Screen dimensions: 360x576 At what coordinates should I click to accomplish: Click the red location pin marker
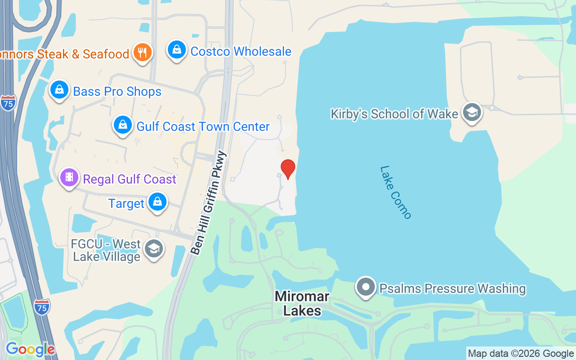(x=288, y=169)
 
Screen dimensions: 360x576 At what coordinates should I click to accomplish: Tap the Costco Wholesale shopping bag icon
(x=177, y=50)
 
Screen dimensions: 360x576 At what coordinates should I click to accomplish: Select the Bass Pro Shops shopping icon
(x=59, y=90)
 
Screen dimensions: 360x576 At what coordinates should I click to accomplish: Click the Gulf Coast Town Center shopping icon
(x=122, y=125)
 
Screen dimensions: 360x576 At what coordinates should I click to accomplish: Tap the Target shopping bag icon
(x=157, y=202)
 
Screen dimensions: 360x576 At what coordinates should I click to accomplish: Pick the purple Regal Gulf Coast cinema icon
(x=69, y=177)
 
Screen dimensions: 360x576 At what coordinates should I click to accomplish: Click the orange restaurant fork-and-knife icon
(x=143, y=53)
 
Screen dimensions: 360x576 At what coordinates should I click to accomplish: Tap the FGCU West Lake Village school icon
(x=154, y=248)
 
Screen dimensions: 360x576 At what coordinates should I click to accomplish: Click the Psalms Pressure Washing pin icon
(x=365, y=287)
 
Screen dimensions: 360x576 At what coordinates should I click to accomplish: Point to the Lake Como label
(x=396, y=192)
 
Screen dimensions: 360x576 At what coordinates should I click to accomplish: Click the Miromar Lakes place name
(x=302, y=303)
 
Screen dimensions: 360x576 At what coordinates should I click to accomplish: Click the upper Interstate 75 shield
(x=8, y=103)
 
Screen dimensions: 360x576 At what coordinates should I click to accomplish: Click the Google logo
(x=30, y=349)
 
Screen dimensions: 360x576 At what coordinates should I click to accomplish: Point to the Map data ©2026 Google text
(x=521, y=354)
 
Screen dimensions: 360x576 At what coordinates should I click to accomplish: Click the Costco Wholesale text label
(x=241, y=52)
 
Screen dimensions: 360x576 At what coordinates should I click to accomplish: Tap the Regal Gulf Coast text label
(x=130, y=179)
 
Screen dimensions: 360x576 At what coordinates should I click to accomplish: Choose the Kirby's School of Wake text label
(x=394, y=114)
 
